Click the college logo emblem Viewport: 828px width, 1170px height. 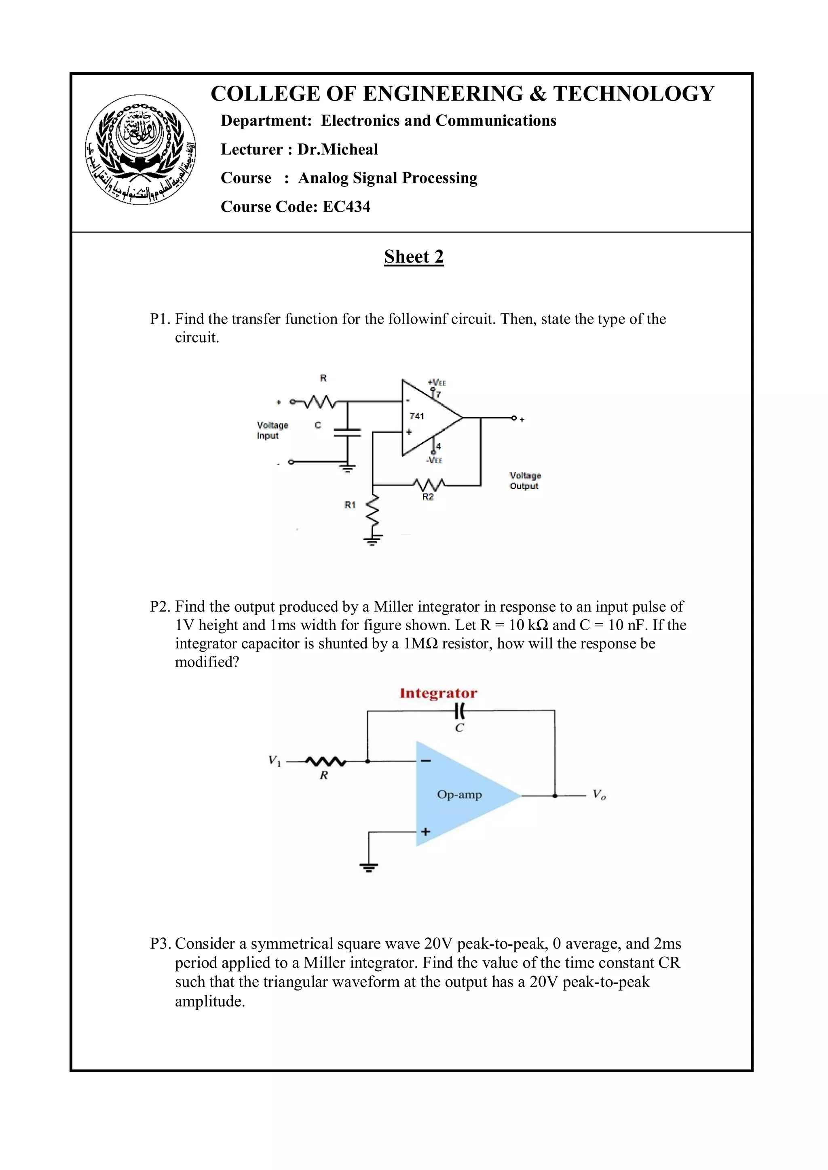pos(140,149)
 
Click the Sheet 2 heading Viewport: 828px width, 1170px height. pos(414,256)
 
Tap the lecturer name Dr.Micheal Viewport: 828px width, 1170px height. pos(338,149)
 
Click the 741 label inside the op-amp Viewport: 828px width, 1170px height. pos(416,416)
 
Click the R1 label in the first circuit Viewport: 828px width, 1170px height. pos(350,505)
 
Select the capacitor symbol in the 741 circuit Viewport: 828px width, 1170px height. pos(347,433)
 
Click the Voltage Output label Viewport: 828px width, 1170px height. pos(525,480)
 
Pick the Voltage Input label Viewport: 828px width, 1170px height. pos(272,430)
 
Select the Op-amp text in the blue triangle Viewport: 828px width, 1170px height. pos(459,794)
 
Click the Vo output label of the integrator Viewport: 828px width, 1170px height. pos(599,794)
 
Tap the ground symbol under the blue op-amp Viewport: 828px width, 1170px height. pos(369,867)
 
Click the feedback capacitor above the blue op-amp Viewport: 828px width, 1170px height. pos(460,710)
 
